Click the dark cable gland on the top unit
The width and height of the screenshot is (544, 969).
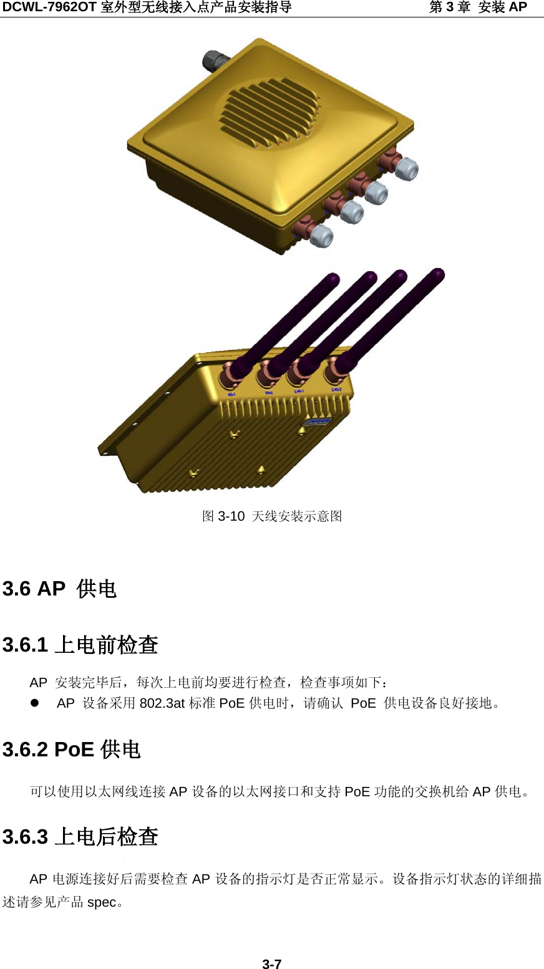coord(216,60)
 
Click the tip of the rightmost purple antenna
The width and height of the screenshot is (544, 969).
coord(438,273)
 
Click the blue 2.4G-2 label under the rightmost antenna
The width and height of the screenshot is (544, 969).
coord(338,390)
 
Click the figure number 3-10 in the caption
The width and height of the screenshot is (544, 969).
coord(231,516)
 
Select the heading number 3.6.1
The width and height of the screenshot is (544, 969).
coord(25,645)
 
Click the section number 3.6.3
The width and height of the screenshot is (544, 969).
coord(25,836)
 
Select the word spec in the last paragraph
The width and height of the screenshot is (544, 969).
coord(102,902)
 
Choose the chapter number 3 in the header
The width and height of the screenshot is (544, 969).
coord(453,7)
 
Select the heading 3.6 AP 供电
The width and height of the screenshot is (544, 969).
coord(60,589)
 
